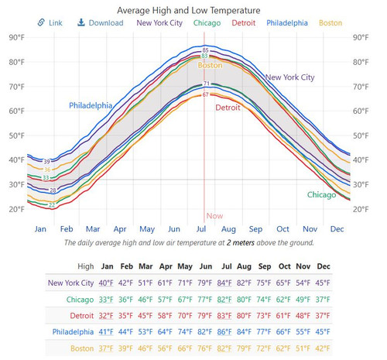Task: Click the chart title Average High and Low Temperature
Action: pos(188,10)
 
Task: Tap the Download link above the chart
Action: pos(101,22)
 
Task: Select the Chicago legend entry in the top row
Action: pos(207,22)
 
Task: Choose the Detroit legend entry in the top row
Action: pos(244,22)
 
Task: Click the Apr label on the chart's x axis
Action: pos(120,229)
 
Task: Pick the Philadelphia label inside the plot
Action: pos(91,105)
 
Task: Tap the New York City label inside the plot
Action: pos(290,77)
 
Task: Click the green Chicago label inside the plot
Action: pos(321,195)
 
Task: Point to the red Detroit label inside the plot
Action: pos(228,108)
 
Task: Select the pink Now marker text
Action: pos(214,217)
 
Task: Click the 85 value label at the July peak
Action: pos(205,50)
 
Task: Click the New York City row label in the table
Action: pos(72,283)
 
